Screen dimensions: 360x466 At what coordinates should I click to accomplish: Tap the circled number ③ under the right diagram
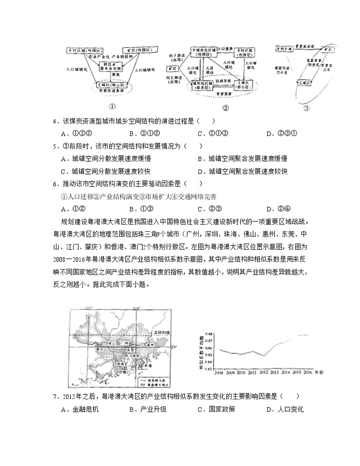[307, 108]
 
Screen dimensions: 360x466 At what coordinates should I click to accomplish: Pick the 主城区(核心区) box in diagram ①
[114, 85]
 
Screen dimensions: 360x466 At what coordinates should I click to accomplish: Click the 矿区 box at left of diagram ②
[172, 69]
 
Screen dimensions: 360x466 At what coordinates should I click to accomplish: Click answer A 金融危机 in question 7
[80, 410]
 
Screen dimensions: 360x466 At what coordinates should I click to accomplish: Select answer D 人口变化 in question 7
[285, 410]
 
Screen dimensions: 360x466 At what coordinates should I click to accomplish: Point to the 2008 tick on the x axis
[219, 372]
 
